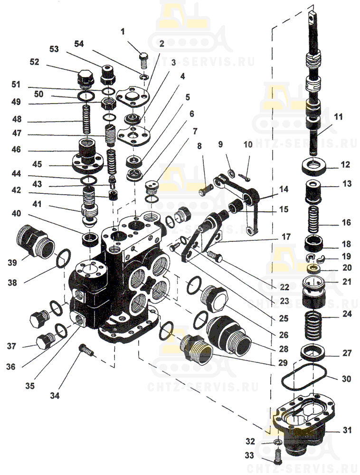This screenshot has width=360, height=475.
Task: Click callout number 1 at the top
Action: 123,32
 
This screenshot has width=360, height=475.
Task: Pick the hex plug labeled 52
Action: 85,78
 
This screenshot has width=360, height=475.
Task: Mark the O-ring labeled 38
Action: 63,259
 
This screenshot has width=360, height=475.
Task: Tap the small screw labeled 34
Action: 86,351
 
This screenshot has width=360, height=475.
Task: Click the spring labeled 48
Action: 86,120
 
